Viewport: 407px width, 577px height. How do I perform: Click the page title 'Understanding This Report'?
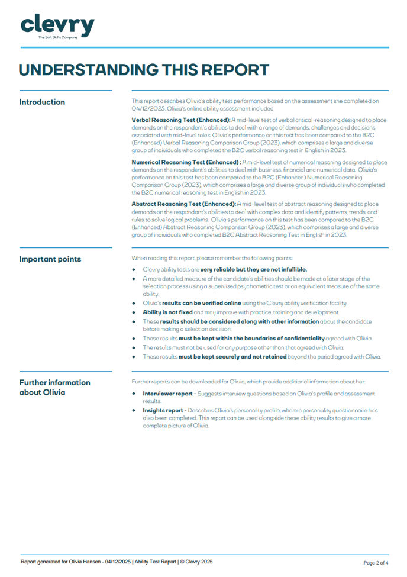tap(144, 69)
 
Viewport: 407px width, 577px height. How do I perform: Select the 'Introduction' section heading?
tap(42, 102)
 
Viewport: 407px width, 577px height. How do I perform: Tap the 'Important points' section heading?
tap(50, 259)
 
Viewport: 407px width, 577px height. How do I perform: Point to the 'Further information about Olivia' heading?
tap(54, 388)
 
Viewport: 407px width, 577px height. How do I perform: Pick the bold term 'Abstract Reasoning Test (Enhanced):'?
tap(183, 204)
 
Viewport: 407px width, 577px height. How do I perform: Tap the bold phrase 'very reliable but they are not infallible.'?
tap(253, 270)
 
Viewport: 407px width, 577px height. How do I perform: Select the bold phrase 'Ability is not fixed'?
tap(167, 312)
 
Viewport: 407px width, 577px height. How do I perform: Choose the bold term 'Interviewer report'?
tap(167, 394)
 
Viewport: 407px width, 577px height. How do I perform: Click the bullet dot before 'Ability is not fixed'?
tap(135, 312)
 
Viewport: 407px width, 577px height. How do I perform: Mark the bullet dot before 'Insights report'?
tap(135, 410)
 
